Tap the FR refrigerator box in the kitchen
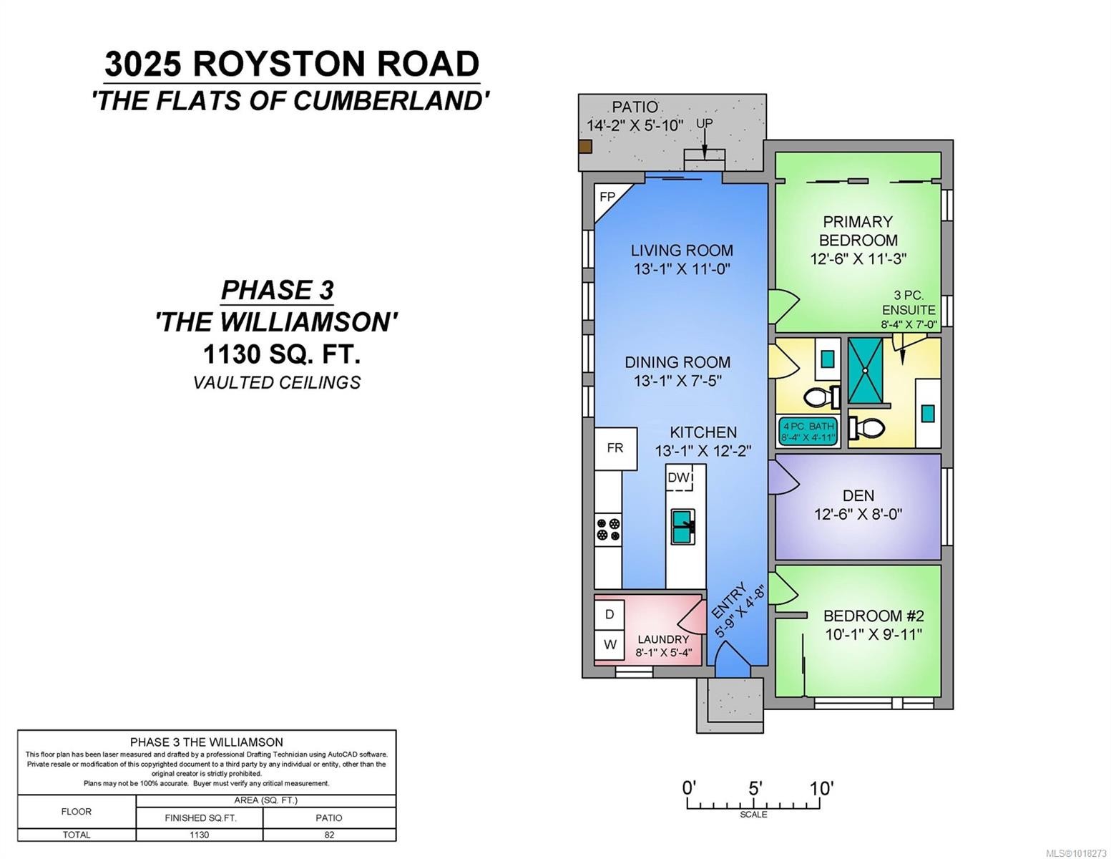(615, 448)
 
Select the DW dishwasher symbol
(680, 478)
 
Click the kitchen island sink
(682, 527)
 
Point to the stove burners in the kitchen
(608, 529)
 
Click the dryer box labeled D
(610, 614)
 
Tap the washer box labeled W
(610, 644)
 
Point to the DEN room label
(858, 495)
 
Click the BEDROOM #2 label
(873, 616)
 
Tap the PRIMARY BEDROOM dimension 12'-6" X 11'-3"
(858, 259)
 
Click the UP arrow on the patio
(704, 143)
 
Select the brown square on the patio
(585, 147)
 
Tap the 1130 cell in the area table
(199, 835)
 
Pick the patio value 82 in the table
(329, 835)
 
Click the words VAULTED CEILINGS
(276, 382)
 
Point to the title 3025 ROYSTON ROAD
(291, 64)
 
